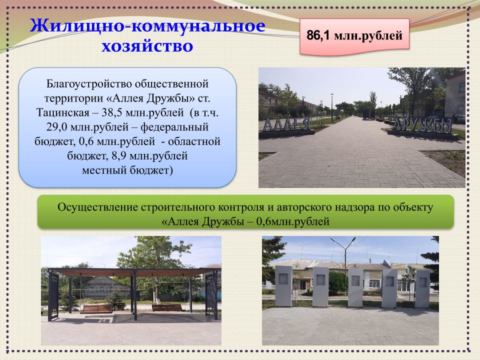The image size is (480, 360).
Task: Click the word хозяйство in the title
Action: click(147, 46)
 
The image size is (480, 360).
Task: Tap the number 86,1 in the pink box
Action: click(318, 35)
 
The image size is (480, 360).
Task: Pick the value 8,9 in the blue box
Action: click(119, 156)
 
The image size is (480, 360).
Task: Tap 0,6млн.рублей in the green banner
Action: click(292, 221)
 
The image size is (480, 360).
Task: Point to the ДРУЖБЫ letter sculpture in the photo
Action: click(422, 125)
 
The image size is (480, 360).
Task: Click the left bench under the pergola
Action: click(96, 308)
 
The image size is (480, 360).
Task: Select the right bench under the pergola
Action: click(167, 307)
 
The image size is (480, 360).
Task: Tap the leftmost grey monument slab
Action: click(283, 286)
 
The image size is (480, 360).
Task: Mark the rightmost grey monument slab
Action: click(422, 288)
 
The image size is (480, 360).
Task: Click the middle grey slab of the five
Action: click(355, 287)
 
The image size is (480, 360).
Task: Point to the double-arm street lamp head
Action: click(343, 241)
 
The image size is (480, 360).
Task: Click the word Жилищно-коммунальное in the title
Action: click(147, 25)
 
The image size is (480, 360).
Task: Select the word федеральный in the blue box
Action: click(174, 126)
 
